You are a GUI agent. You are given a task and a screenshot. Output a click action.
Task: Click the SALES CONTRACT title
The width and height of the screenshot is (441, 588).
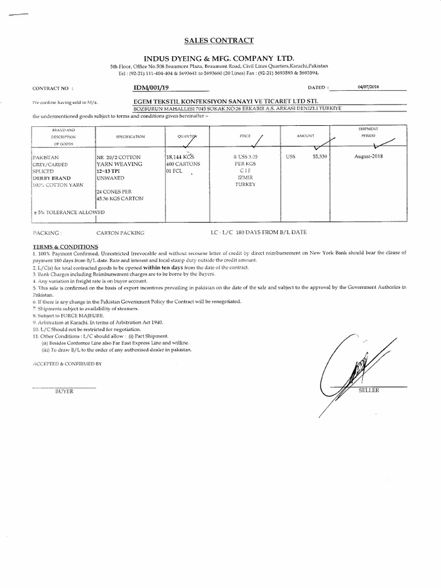218,40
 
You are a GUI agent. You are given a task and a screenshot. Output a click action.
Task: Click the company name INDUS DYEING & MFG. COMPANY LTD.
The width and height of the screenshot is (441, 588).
219,59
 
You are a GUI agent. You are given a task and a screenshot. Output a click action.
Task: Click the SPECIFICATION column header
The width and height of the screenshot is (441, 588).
130,137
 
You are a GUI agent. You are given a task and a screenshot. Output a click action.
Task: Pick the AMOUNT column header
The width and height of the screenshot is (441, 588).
305,136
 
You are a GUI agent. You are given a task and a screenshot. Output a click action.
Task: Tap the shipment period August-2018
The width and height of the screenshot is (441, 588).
368,156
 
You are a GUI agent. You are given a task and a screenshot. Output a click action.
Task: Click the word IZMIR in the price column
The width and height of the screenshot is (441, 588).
245,177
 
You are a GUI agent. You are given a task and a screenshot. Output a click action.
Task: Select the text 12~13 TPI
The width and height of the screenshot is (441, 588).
112,171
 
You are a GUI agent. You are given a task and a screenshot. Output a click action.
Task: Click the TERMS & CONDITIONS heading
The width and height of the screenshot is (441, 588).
65,246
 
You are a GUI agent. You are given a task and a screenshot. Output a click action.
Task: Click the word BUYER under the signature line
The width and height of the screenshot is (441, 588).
64,391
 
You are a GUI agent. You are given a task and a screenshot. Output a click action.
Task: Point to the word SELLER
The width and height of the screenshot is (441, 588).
369,390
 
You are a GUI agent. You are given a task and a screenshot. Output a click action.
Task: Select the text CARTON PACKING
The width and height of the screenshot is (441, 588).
121,233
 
